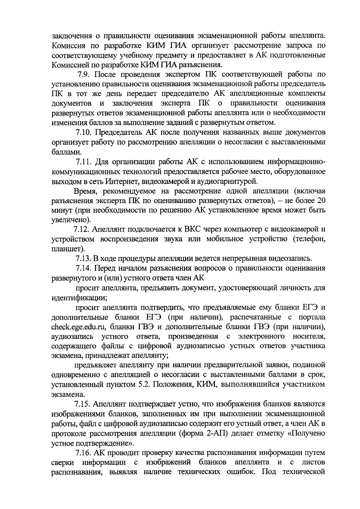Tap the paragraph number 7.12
coord(82,229)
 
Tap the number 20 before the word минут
coord(321,200)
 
